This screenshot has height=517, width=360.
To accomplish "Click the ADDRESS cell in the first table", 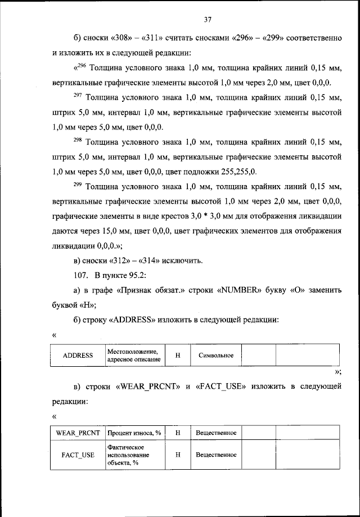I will point(78,356).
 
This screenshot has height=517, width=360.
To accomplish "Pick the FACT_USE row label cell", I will point(78,455).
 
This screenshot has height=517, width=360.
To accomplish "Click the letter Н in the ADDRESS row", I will point(177,356).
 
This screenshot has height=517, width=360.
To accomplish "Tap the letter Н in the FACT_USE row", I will point(177,455).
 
